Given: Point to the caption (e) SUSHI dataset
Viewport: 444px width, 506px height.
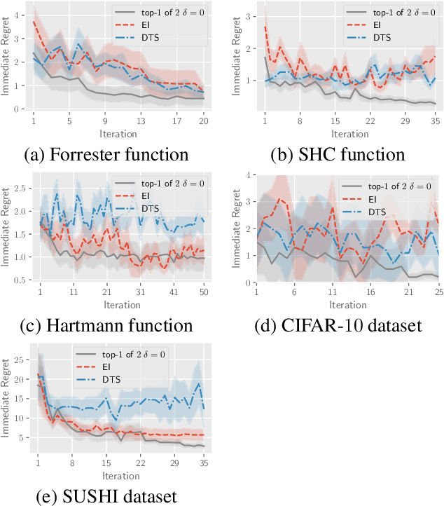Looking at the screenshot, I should point(106,496).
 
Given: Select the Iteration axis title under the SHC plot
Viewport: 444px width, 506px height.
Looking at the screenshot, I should point(350,133).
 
